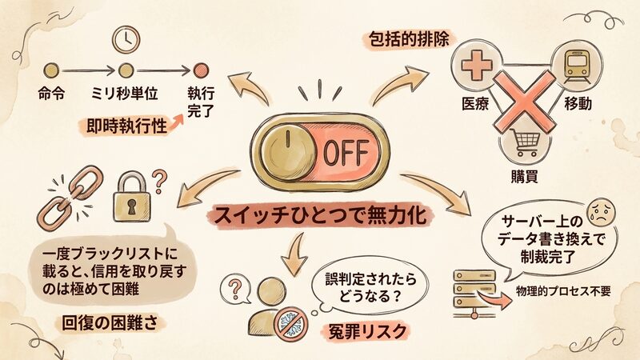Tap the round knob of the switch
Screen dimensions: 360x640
click(284, 150)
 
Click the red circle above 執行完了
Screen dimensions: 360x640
click(201, 70)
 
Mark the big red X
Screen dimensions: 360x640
click(524, 102)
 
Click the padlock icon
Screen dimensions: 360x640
click(129, 196)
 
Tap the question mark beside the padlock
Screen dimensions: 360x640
click(159, 180)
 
